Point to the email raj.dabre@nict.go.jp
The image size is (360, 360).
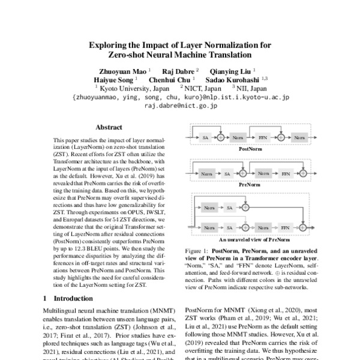[x=180, y=104]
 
